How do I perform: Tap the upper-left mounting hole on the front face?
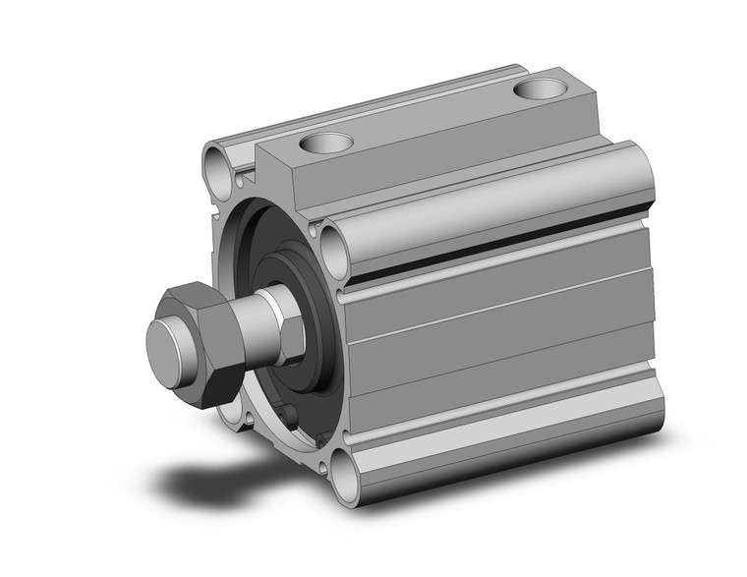(218, 160)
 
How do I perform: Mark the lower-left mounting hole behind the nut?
(228, 413)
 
